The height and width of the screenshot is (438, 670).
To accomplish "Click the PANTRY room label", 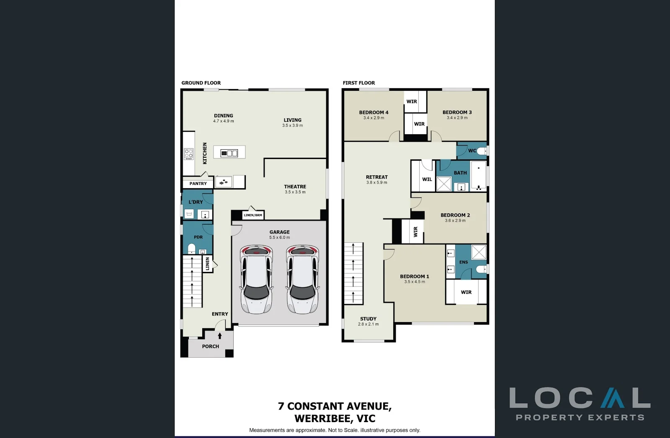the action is pos(198,184).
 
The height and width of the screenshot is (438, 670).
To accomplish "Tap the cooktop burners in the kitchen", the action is pos(189,154).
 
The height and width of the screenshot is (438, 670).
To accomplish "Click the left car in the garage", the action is pos(256,279).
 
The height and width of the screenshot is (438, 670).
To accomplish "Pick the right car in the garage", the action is pos(302,279).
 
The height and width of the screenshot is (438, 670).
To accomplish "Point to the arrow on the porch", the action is pos(220,336).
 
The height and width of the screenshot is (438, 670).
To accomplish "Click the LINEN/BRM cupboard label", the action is pos(253,215).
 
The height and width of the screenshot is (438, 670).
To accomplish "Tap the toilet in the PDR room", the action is pos(191,249).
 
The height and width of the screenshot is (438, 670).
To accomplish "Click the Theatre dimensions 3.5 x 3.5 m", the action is pos(295,192).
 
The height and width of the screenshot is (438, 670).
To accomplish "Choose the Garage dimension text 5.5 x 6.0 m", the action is pos(279,238).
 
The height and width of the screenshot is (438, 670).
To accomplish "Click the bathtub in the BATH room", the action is pos(479,176).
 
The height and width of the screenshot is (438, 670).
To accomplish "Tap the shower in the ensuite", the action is pos(479,252).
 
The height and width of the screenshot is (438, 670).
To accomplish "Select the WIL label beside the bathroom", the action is pos(427,179).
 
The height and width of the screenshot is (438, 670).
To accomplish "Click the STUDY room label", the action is pos(368,319).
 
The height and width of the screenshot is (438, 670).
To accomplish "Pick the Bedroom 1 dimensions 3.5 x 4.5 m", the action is pos(415,282).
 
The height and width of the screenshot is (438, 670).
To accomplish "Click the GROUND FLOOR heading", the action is pos(201,83).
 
